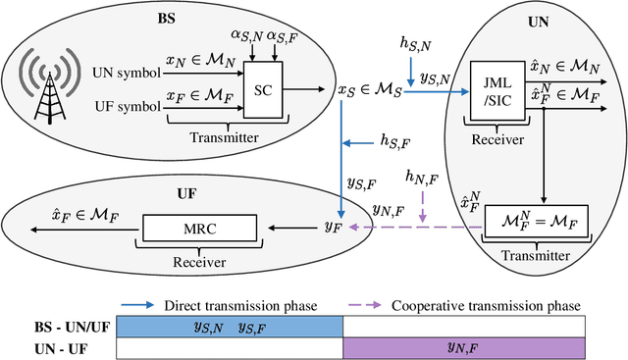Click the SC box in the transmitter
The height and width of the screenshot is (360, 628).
pyautogui.click(x=261, y=88)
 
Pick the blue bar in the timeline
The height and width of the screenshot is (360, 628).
pyautogui.click(x=230, y=326)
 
